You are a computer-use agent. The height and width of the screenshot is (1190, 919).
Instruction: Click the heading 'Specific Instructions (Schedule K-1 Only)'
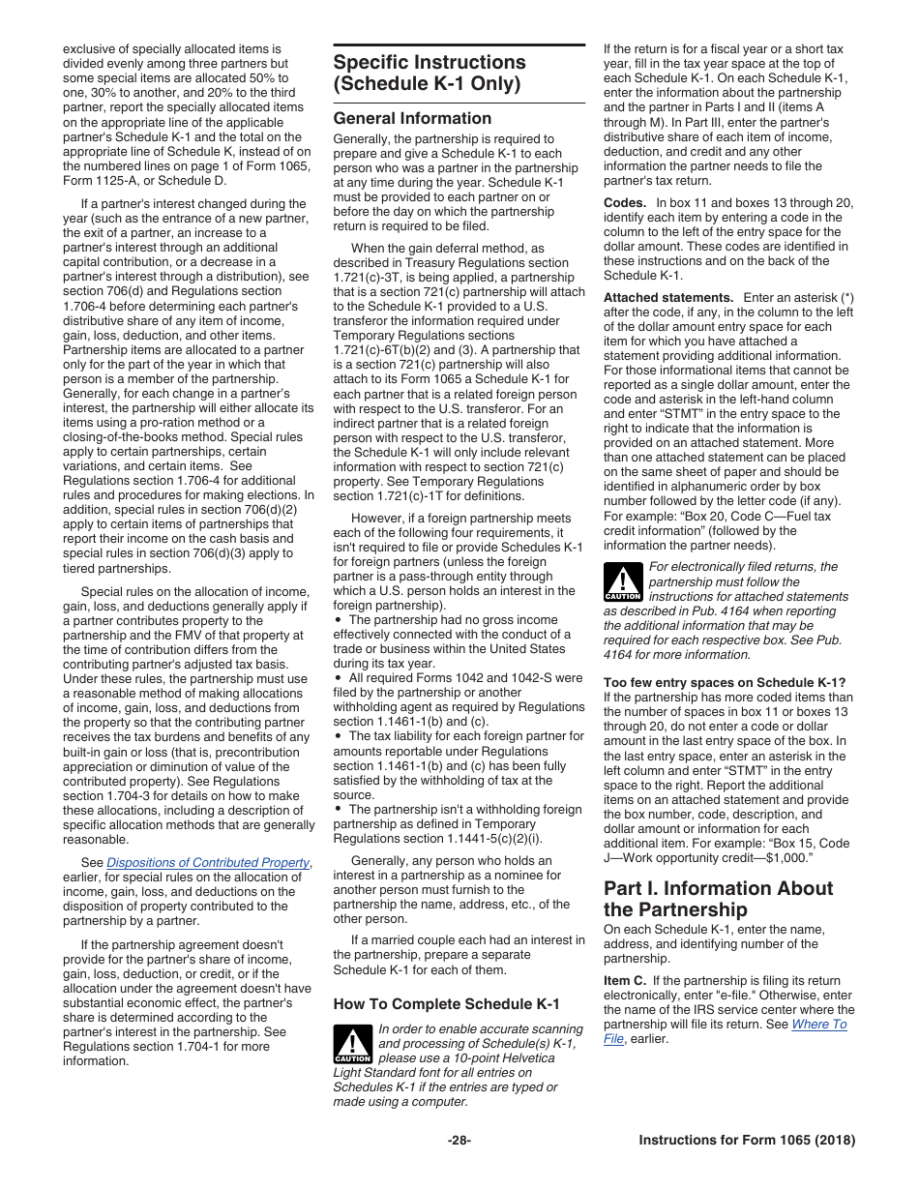430,73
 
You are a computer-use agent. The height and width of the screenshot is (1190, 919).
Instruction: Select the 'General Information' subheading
412,118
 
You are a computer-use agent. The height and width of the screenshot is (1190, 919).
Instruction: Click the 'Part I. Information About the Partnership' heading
718,899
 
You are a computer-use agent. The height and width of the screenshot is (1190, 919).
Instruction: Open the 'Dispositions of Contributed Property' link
208,863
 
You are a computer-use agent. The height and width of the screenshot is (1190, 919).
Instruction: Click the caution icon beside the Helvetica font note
352,1043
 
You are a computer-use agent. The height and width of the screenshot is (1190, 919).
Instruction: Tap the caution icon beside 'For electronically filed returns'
623,581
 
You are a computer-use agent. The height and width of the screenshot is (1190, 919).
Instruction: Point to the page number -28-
459,1141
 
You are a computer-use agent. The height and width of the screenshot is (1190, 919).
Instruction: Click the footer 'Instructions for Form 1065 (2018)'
747,1141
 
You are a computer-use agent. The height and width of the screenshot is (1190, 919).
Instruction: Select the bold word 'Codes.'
625,203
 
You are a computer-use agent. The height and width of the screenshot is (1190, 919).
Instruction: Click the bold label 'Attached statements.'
668,298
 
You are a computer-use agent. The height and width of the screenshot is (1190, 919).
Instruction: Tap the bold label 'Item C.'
625,981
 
